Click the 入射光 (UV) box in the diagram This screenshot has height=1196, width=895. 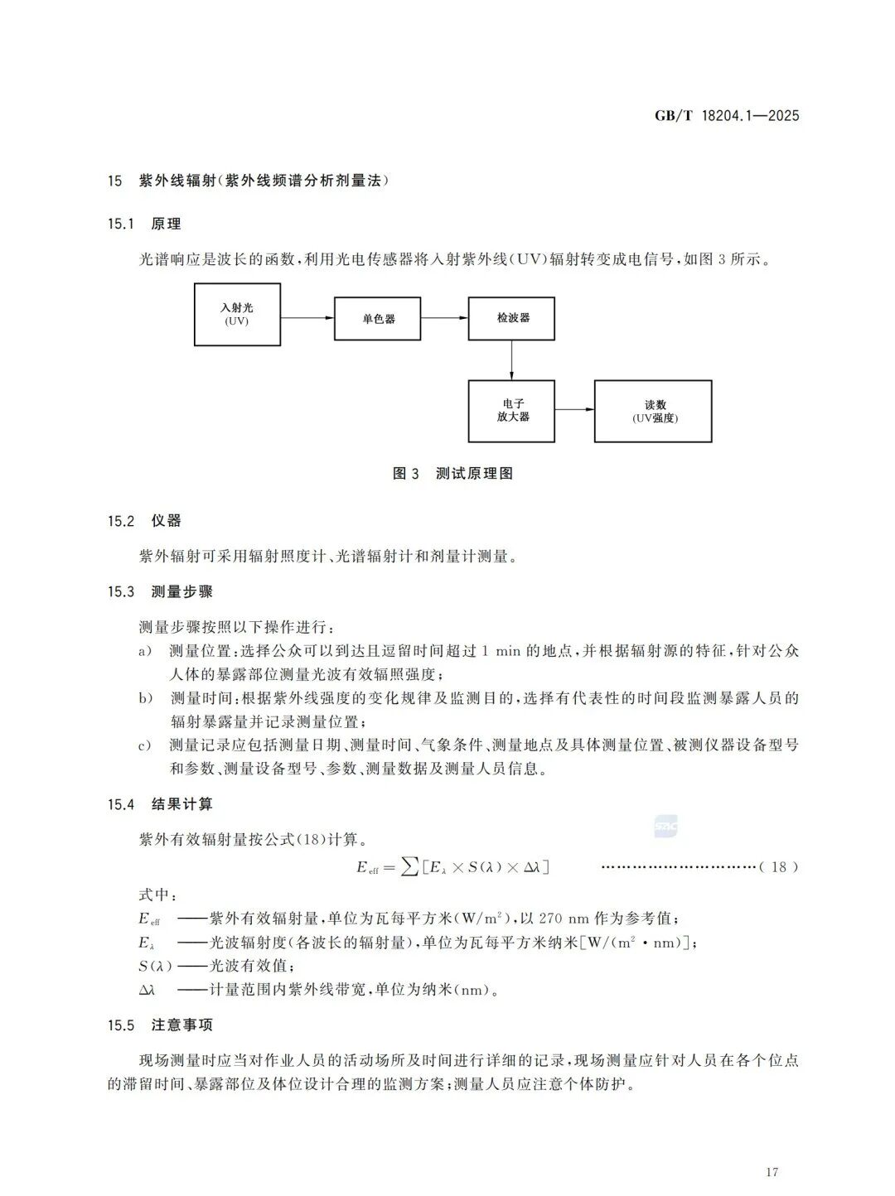(x=237, y=314)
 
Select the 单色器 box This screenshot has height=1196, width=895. (x=378, y=319)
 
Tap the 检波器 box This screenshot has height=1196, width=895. (x=511, y=318)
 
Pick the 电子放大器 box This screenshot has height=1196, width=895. (x=511, y=411)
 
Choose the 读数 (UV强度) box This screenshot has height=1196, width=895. (x=653, y=411)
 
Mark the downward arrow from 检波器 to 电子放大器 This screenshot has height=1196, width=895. (x=511, y=359)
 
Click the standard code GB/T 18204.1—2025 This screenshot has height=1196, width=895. (x=727, y=116)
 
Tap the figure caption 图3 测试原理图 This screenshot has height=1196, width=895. (x=452, y=474)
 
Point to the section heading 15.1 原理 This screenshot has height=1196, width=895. (x=144, y=224)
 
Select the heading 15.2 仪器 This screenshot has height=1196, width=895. (x=144, y=521)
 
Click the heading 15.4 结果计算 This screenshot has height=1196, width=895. (x=160, y=804)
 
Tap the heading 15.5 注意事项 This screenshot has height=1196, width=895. (x=160, y=1025)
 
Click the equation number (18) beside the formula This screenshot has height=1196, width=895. (x=779, y=867)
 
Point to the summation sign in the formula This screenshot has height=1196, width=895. (x=409, y=867)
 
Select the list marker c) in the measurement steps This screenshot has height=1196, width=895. (x=145, y=745)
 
